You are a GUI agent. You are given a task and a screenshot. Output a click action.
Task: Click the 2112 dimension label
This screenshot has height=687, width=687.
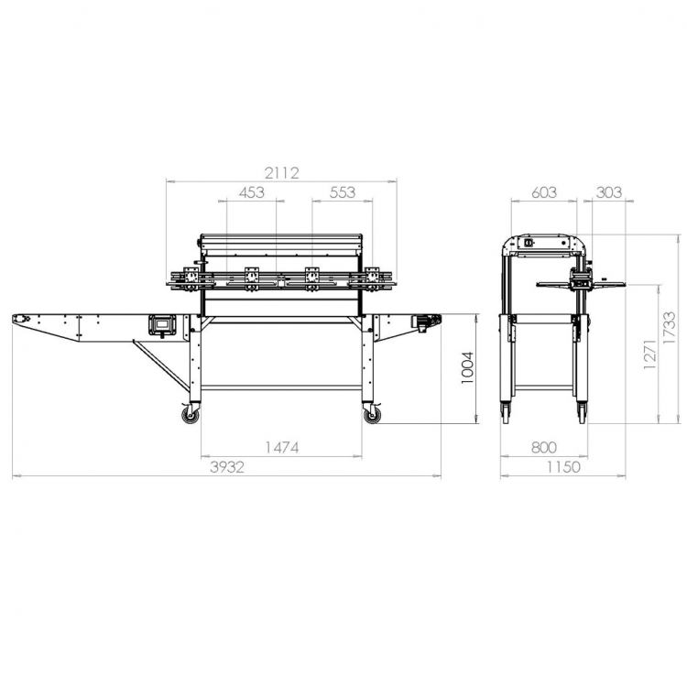point(282,173)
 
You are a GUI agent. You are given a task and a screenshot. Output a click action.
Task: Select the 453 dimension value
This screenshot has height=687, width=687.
point(252,192)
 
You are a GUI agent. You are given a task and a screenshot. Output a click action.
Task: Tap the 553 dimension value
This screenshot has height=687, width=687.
point(343,192)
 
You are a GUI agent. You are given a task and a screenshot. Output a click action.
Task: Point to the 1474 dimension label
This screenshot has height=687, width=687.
point(282,447)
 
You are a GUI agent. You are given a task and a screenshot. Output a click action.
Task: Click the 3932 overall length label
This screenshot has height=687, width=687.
point(227,467)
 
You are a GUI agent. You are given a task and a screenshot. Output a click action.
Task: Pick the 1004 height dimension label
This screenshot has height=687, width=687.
point(467,368)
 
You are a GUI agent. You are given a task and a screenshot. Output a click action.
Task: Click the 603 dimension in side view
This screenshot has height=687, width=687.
point(544,192)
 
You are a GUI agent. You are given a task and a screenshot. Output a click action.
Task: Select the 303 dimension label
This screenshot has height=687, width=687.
point(609,192)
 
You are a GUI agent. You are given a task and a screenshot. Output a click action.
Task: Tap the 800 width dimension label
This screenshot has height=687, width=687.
point(544,447)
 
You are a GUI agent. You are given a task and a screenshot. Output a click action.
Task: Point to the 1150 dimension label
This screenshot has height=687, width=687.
point(563,467)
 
